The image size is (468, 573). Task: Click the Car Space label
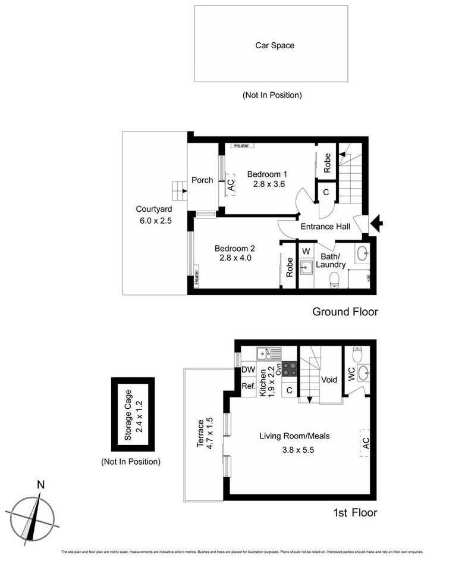tap(274, 45)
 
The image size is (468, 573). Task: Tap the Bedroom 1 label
tap(267, 174)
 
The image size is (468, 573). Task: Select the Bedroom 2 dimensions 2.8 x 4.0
tap(234, 258)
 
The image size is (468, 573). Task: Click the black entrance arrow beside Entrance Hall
tap(376, 224)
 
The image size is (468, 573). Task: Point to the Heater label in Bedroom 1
tap(241, 145)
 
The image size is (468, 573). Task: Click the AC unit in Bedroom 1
tap(230, 186)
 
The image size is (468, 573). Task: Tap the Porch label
tap(202, 180)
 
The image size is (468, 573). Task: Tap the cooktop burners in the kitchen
tap(290, 370)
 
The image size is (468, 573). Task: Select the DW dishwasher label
tap(248, 370)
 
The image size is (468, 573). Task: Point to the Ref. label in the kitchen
tap(248, 386)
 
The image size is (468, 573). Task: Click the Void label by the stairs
tap(329, 379)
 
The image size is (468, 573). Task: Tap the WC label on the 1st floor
tap(351, 374)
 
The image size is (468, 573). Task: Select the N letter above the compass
tap(40, 484)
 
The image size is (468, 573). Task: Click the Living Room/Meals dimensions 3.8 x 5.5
tap(294, 450)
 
